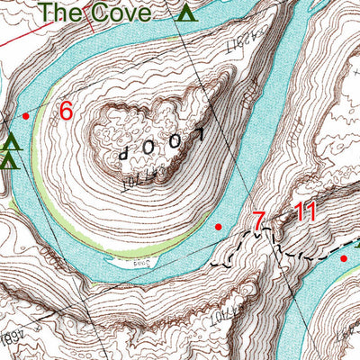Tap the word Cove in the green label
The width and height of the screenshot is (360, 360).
123,13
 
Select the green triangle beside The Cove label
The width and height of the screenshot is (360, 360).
186,13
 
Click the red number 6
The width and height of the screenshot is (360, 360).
65,111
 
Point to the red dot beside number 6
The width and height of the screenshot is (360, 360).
26,116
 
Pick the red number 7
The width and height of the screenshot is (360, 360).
258,220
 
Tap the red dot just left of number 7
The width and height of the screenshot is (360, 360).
219,227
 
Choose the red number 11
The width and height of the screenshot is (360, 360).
305,213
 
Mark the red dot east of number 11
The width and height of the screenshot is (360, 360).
343,258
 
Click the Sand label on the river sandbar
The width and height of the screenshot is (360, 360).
141,265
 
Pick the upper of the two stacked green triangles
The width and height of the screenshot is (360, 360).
11,143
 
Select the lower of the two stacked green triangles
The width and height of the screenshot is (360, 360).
10,161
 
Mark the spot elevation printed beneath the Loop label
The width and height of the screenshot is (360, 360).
133,181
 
